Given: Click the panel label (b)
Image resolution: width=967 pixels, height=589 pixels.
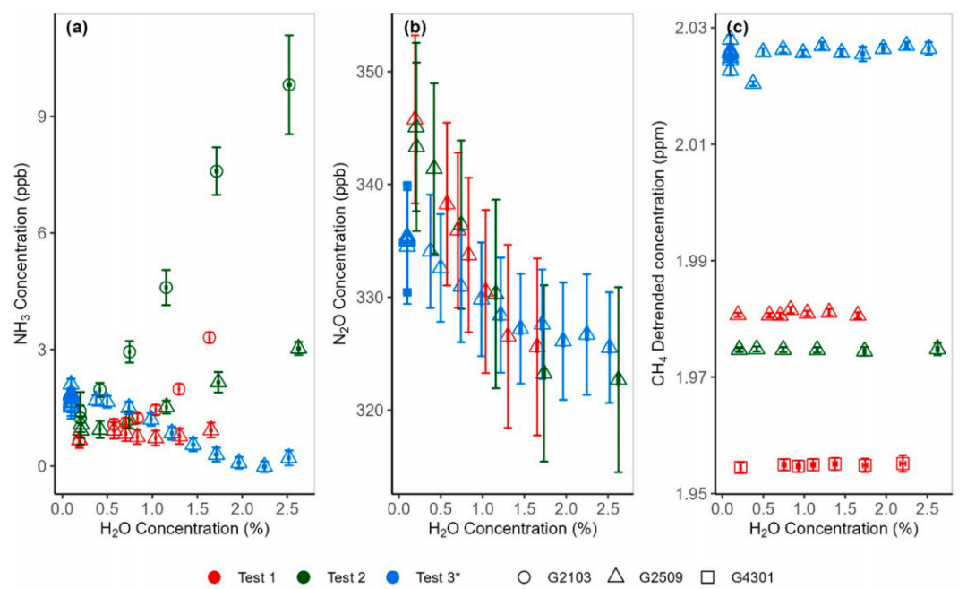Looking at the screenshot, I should pos(415,27).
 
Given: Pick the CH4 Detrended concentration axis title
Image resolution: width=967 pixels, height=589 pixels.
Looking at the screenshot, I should pos(660,260).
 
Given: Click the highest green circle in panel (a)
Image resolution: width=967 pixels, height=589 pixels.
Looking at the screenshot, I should pos(289,84).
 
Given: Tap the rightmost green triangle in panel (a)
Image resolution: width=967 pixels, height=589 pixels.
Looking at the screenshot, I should pos(298,348).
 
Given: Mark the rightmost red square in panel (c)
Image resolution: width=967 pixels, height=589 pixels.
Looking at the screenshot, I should pos(903,463).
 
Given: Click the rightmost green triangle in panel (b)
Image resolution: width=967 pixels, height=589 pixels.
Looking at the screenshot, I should pos(618,378).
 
